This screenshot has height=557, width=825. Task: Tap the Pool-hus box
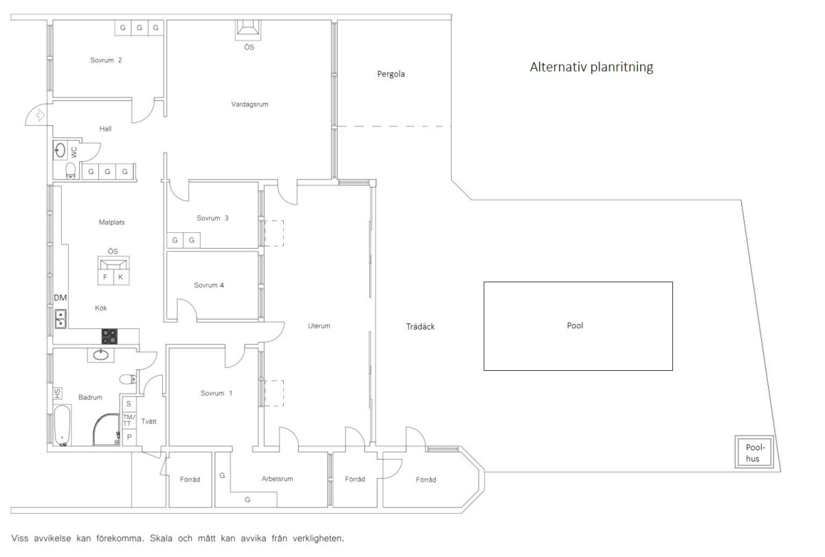[754, 452]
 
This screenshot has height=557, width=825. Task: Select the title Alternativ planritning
[591, 67]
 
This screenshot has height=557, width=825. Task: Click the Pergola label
[390, 74]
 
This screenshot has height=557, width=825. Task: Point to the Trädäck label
[420, 326]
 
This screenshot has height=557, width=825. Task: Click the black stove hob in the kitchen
[109, 337]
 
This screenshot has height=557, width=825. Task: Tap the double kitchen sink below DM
[60, 319]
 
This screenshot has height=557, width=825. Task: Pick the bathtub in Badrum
[63, 425]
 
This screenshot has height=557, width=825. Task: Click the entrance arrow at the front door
[40, 115]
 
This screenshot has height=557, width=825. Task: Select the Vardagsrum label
[250, 104]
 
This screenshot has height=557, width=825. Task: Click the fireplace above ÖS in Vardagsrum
[248, 29]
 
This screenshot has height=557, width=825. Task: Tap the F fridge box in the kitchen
[105, 277]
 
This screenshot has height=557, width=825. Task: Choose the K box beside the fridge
[121, 277]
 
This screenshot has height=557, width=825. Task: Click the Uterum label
[319, 326]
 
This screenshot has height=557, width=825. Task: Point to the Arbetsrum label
[277, 479]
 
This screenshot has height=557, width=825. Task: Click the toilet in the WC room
[70, 171]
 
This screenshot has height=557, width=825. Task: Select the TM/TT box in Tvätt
[129, 420]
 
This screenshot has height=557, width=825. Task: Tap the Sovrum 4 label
[209, 285]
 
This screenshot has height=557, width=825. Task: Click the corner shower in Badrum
[107, 429]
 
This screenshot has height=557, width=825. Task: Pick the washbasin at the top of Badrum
[100, 355]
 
